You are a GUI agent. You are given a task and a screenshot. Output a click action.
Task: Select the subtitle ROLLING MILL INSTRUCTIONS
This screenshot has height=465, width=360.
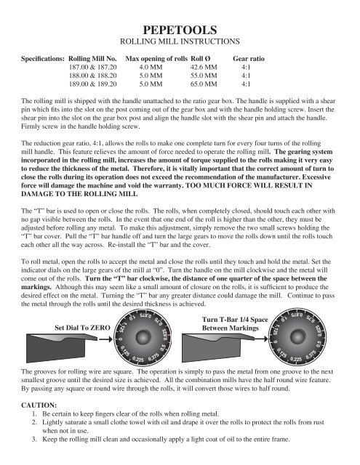point(180,43)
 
